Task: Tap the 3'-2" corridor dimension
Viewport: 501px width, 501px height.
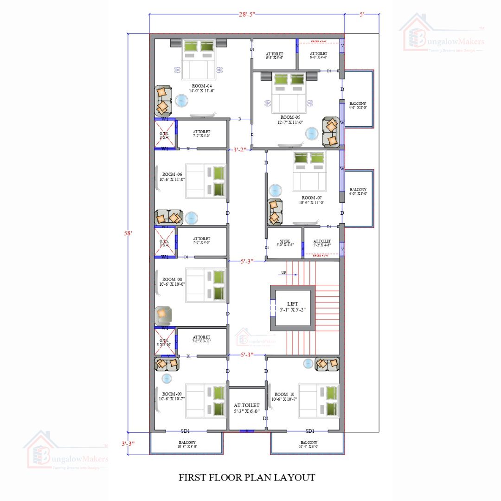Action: coord(239,150)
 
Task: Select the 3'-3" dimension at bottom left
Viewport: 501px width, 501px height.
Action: coord(128,443)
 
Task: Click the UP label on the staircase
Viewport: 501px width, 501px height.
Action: coord(283,273)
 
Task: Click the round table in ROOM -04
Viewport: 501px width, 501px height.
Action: coord(181,101)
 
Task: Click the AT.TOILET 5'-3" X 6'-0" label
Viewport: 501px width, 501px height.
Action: coord(247,408)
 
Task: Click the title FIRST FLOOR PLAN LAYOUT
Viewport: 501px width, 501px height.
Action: coord(247,477)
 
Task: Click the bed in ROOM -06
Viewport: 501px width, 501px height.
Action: coord(206,180)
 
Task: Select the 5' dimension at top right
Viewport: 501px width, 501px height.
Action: coord(362,14)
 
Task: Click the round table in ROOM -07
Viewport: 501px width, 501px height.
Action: coord(276,190)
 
